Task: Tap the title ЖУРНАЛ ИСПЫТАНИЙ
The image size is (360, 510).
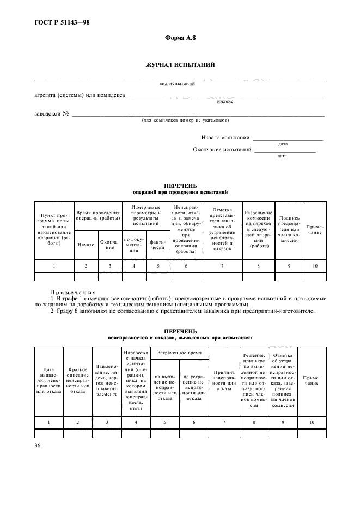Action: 179,65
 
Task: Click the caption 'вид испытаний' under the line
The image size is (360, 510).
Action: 174,83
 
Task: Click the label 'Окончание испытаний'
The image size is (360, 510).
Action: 222,149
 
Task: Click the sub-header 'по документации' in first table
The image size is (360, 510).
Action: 134,243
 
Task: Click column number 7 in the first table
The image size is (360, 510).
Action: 222,265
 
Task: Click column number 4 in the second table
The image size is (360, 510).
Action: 136,422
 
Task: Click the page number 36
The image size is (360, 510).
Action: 38,445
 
